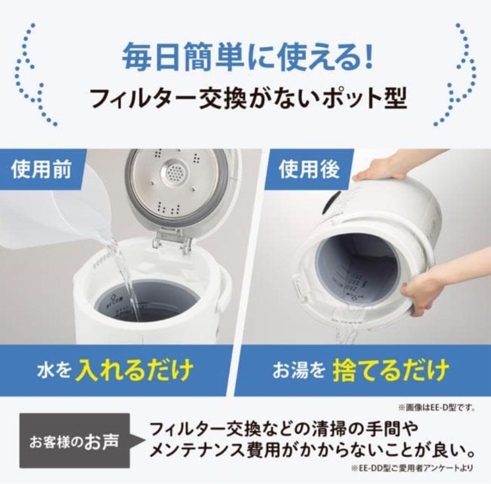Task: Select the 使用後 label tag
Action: tap(309, 170)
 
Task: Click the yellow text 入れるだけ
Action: tap(134, 370)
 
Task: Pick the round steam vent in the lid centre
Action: tap(175, 173)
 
